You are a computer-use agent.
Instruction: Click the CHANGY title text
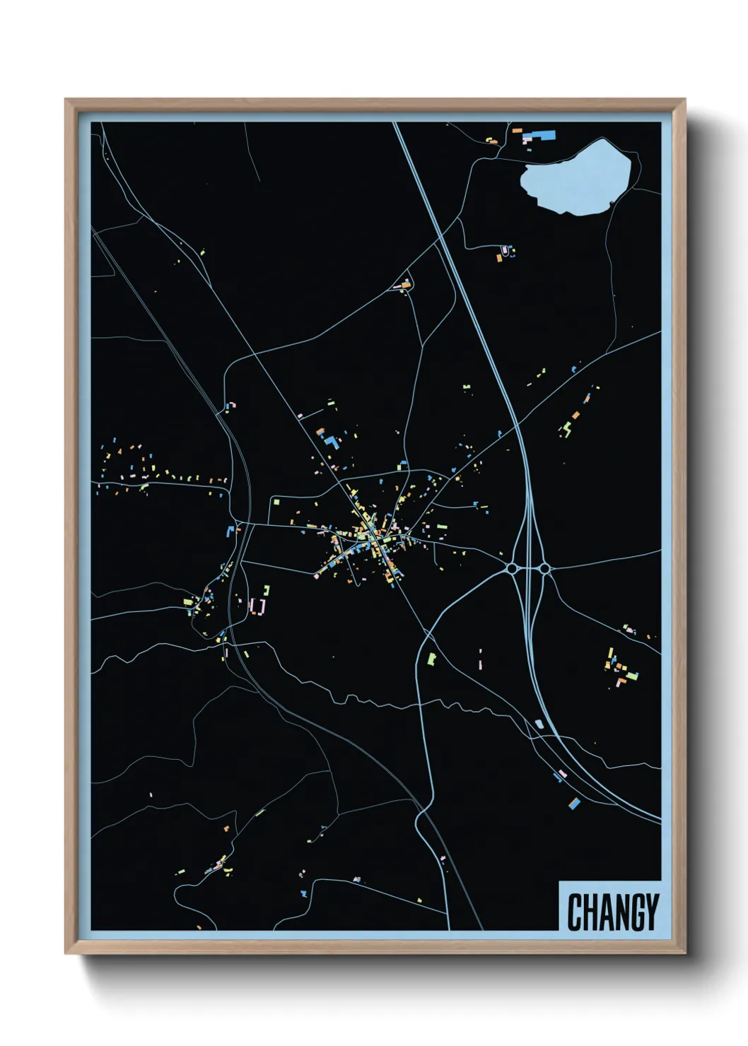612,912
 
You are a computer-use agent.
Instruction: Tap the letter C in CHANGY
574,912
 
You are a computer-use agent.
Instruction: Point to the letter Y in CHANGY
652,912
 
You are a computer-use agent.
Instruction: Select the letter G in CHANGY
636,912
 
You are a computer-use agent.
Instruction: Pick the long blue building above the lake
544,134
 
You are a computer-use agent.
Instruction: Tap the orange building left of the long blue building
517,131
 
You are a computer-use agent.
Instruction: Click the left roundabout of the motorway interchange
512,568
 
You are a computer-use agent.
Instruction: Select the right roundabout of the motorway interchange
544,568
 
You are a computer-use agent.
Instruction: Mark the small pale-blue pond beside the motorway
539,723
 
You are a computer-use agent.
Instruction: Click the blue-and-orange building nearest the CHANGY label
575,803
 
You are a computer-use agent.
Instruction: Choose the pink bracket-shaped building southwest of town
257,606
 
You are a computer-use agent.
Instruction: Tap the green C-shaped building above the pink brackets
267,590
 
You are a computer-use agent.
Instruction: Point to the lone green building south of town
432,659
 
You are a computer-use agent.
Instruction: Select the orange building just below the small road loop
499,259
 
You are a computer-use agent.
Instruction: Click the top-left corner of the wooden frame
66,100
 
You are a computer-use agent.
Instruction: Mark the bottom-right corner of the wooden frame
684,953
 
